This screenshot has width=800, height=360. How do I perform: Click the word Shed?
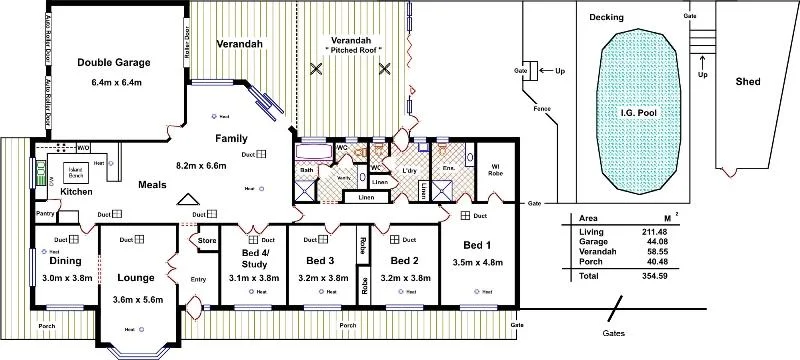click(x=747, y=81)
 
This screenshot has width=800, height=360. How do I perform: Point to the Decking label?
click(x=606, y=18)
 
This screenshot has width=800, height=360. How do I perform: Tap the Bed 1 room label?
click(x=474, y=245)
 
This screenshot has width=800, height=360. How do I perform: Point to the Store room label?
click(x=207, y=240)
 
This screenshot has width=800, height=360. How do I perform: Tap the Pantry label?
click(x=44, y=213)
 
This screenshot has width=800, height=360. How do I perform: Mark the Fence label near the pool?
click(x=542, y=108)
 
